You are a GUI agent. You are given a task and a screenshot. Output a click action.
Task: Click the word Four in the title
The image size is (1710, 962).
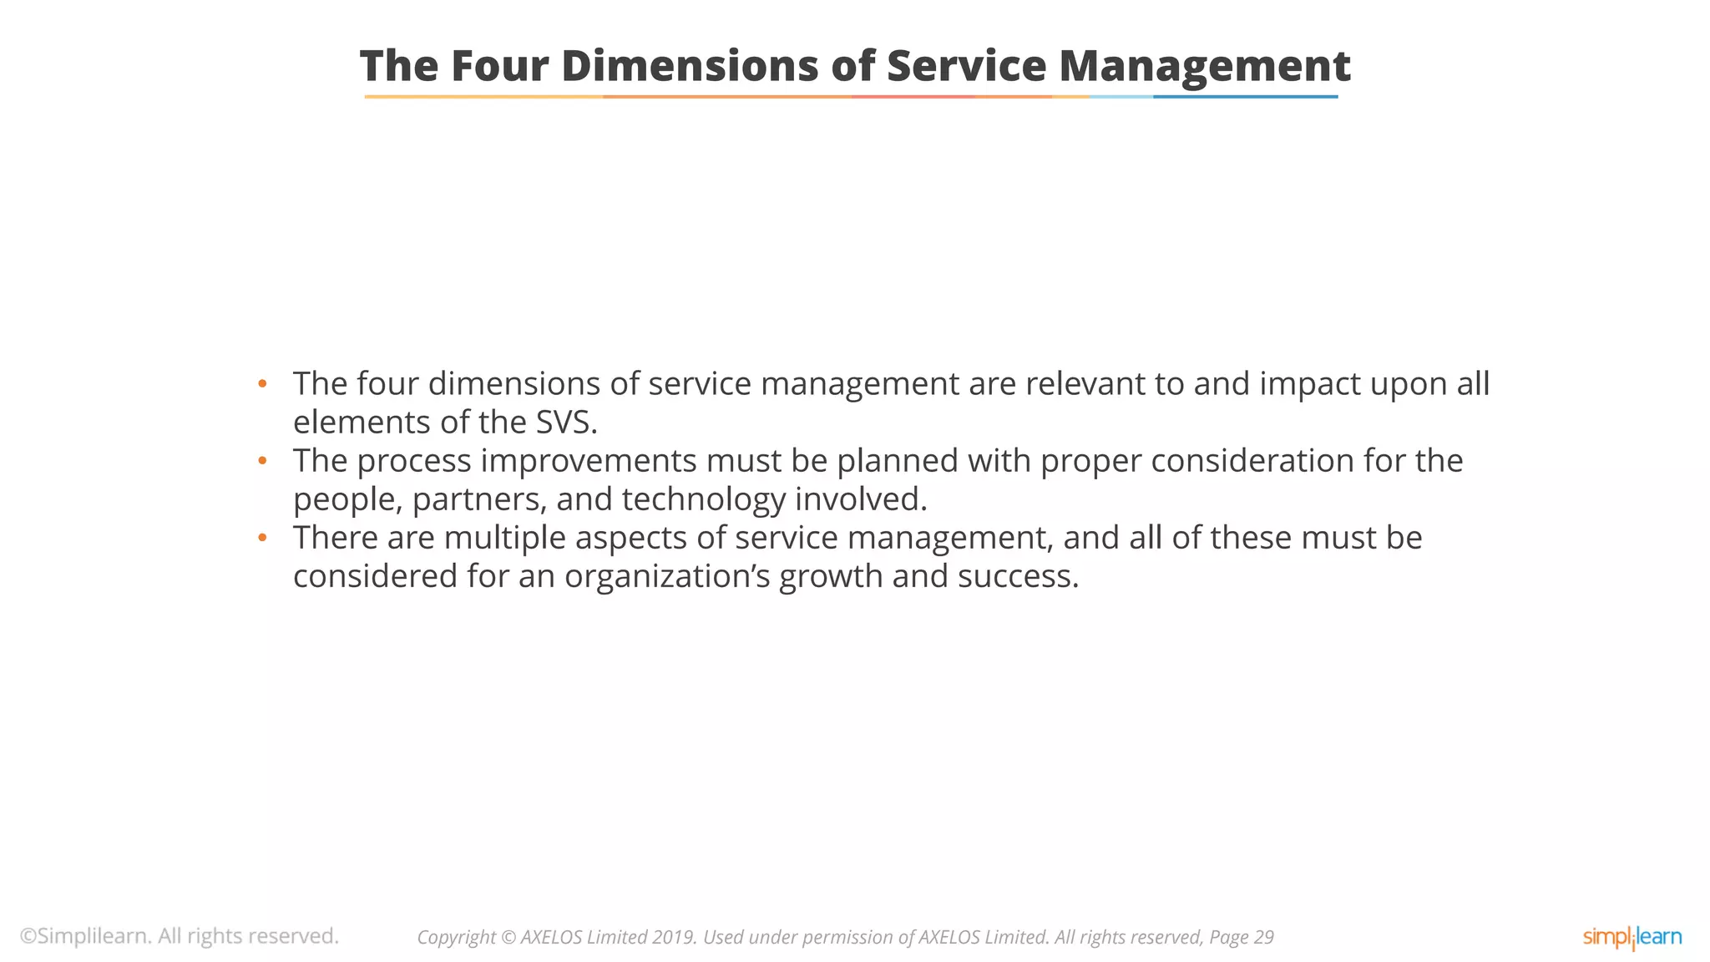click(498, 66)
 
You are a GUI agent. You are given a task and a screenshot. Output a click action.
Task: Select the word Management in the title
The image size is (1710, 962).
click(1204, 66)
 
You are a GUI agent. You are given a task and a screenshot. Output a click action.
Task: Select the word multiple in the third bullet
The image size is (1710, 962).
click(504, 538)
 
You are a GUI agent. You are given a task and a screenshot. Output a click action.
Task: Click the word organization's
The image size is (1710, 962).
click(667, 576)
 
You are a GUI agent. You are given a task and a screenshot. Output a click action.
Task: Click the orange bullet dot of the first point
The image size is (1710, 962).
click(262, 384)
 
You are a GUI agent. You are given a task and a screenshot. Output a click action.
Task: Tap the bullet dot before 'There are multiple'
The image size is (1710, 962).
click(262, 538)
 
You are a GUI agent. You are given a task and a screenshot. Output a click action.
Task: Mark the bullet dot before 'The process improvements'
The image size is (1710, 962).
click(262, 461)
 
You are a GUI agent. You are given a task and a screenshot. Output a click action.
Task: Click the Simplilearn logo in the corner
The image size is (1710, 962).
click(1632, 937)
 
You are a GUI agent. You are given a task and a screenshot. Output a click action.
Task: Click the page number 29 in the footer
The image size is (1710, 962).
click(1262, 938)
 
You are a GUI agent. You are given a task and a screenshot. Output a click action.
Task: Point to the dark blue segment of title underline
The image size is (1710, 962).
click(1245, 97)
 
